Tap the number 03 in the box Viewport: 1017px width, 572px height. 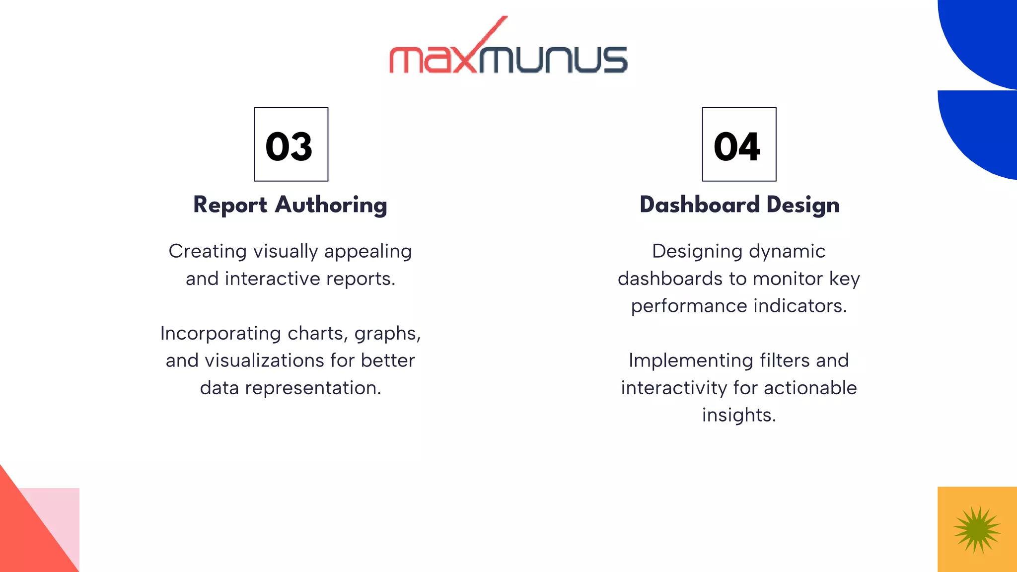(289, 146)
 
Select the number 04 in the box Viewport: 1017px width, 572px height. (737, 146)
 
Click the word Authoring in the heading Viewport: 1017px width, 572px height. (331, 205)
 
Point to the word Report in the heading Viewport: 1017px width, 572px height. (230, 205)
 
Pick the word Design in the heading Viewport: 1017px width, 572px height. (803, 205)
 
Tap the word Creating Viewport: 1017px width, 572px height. (208, 251)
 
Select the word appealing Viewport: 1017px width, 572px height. (368, 252)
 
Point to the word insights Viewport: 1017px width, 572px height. (738, 415)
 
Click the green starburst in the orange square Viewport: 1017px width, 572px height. (977, 530)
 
